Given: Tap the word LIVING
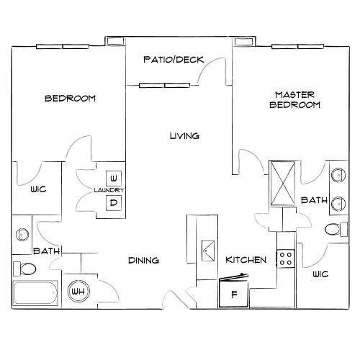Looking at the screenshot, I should pyautogui.click(x=184, y=136).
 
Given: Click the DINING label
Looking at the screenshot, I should pyautogui.click(x=143, y=260).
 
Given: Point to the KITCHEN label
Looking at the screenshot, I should pyautogui.click(x=247, y=260).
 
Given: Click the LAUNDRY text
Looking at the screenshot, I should pyautogui.click(x=109, y=190).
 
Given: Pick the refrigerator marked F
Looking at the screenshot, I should pyautogui.click(x=233, y=294).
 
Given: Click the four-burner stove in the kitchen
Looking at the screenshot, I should pyautogui.click(x=286, y=257).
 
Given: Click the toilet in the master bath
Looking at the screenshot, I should pyautogui.click(x=334, y=230).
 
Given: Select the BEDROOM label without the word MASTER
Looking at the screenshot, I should pyautogui.click(x=70, y=99).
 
